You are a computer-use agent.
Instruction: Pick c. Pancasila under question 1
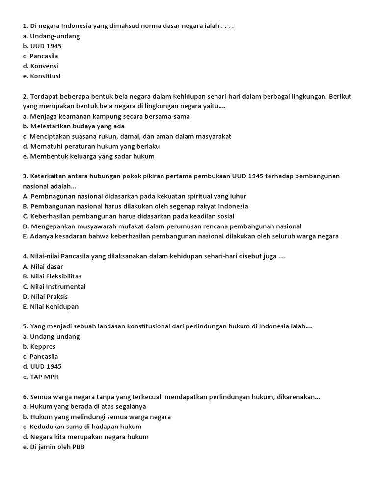[x=40, y=56]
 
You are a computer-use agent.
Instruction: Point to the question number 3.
[x=25, y=176]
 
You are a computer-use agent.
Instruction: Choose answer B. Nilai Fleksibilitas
[x=52, y=276]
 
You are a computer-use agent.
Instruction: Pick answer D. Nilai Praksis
[x=45, y=297]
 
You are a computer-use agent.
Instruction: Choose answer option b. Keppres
[x=39, y=347]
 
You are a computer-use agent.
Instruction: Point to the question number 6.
[x=25, y=397]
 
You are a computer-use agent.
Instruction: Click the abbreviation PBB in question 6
[x=77, y=447]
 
